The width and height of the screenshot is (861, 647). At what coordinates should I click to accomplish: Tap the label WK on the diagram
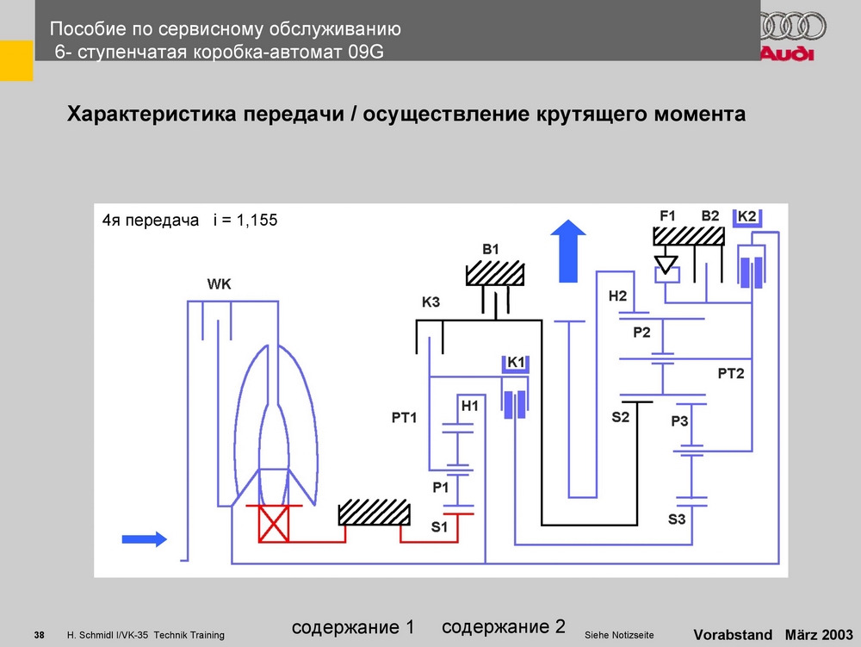coord(220,284)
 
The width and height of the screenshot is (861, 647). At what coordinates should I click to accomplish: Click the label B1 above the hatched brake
coord(490,249)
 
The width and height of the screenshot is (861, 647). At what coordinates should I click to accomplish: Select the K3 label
coord(430,302)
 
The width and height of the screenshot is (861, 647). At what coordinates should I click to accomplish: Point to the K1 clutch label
coord(516,363)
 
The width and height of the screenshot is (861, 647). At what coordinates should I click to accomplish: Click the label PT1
coord(404,418)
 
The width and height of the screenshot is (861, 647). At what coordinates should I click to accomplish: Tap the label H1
coord(469,405)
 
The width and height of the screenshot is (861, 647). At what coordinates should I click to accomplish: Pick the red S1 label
coord(439,527)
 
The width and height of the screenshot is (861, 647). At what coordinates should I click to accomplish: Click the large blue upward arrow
coord(568,250)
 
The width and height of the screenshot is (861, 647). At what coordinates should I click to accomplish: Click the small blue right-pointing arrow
coord(144,538)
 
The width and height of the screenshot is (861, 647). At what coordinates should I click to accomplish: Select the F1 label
coord(668,215)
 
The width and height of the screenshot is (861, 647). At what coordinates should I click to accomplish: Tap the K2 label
coord(747,215)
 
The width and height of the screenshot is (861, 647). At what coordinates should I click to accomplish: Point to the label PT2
coord(730,373)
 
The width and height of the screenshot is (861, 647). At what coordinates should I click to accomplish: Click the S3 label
coord(677,519)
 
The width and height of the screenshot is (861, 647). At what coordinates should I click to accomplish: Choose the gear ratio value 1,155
coord(256,221)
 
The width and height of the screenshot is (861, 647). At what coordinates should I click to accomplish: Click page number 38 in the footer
coord(39,635)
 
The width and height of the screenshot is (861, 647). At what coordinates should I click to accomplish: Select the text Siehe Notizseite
coord(618,635)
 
